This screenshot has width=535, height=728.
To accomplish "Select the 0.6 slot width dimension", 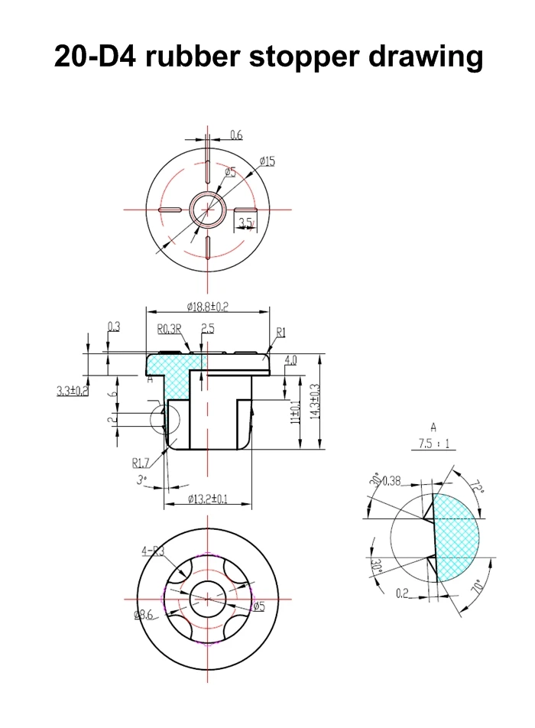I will pyautogui.click(x=236, y=135).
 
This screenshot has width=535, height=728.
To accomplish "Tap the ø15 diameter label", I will pyautogui.click(x=267, y=161).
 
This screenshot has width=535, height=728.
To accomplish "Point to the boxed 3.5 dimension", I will pyautogui.click(x=245, y=223).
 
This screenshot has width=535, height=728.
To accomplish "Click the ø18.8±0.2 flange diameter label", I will pyautogui.click(x=208, y=306).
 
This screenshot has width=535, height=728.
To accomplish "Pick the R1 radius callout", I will pyautogui.click(x=280, y=333).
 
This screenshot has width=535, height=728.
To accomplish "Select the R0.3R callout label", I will pyautogui.click(x=168, y=330).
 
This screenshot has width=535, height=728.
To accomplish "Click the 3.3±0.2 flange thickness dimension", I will pyautogui.click(x=73, y=391).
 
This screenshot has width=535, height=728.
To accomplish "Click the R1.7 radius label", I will pyautogui.click(x=141, y=463).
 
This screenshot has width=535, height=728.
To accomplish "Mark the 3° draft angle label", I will pyautogui.click(x=141, y=481).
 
